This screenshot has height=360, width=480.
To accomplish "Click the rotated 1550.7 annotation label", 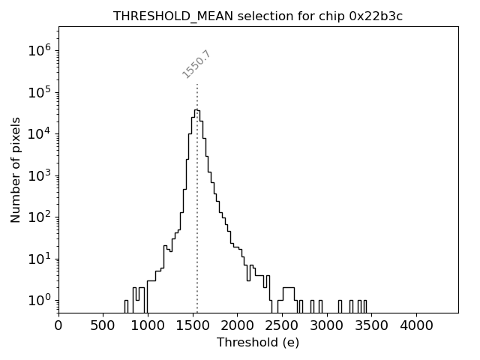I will click(x=196, y=64).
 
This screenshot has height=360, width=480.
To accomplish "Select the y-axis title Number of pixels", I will click(x=16, y=169).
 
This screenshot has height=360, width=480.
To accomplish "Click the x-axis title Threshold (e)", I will click(x=258, y=343).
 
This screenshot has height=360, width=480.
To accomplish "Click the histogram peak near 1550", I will click(x=196, y=110).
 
